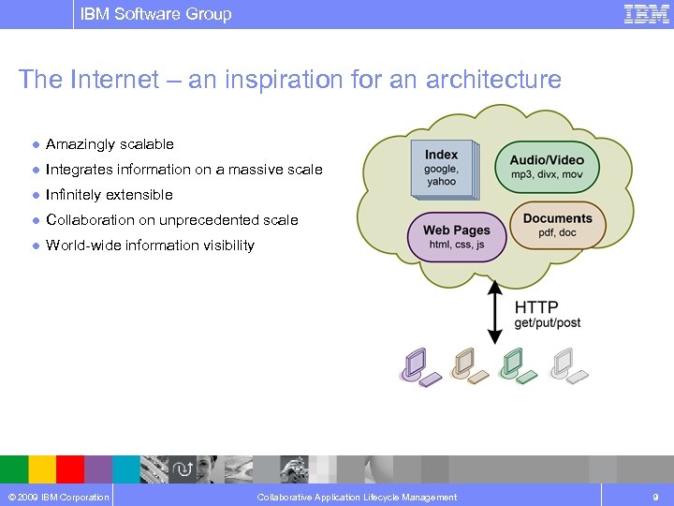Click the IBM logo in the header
click(646, 14)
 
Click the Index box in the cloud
click(442, 169)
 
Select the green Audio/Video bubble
click(547, 167)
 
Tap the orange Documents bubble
click(558, 225)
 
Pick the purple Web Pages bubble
click(456, 236)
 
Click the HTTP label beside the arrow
click(536, 306)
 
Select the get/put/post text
click(548, 323)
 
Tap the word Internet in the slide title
click(113, 80)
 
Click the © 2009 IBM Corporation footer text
click(57, 497)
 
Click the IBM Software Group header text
click(155, 14)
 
